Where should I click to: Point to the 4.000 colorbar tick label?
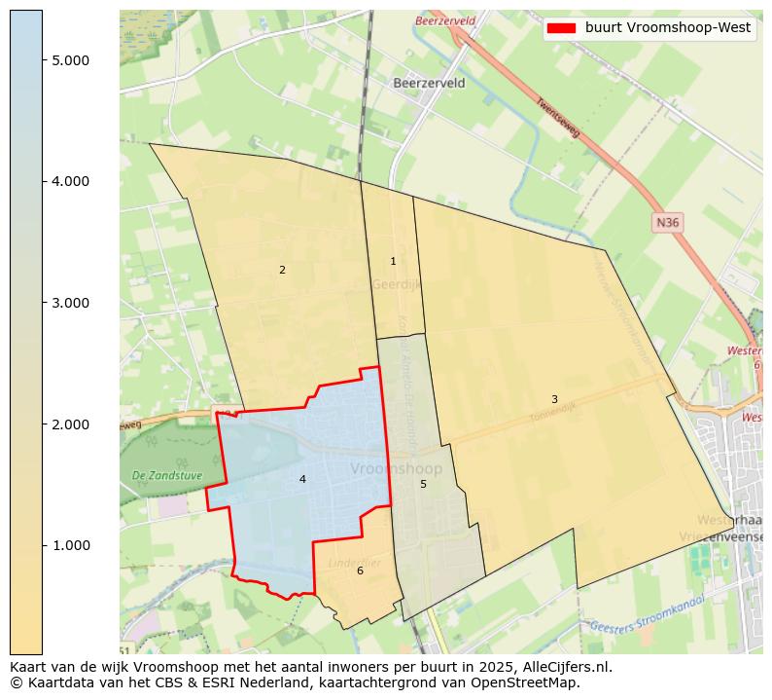point(71,181)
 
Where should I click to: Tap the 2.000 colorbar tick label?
point(71,424)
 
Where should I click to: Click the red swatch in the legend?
point(562,28)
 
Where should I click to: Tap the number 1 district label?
point(393,261)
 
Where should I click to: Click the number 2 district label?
point(282,270)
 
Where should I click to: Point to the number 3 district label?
point(554,399)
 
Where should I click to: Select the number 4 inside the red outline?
point(302,479)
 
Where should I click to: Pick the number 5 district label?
point(423,484)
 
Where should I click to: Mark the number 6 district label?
point(360,571)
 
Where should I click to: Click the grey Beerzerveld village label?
point(429,84)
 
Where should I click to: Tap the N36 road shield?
point(667,223)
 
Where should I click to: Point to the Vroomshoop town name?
point(396,469)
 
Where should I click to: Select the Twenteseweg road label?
point(557,117)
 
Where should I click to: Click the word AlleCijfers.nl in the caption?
point(562,667)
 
